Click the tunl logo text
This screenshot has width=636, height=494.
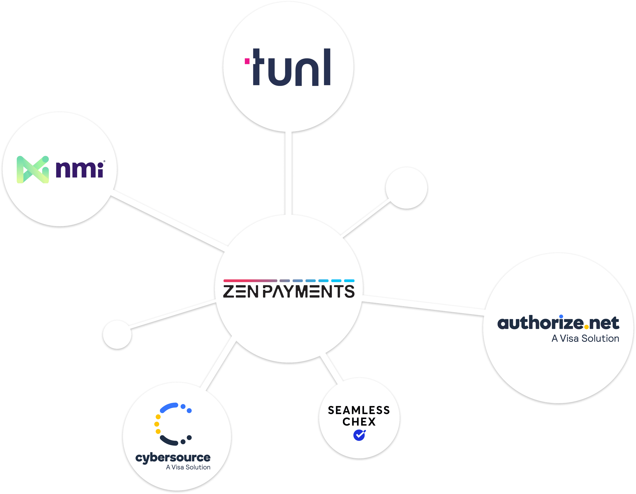coord(291,68)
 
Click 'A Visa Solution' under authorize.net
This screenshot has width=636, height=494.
coord(585,339)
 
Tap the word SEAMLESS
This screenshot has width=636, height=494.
coord(359,410)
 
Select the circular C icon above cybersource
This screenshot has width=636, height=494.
coord(172,424)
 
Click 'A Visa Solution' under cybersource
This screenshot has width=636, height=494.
coord(188,467)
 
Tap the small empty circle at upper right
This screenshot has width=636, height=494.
coord(406,188)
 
